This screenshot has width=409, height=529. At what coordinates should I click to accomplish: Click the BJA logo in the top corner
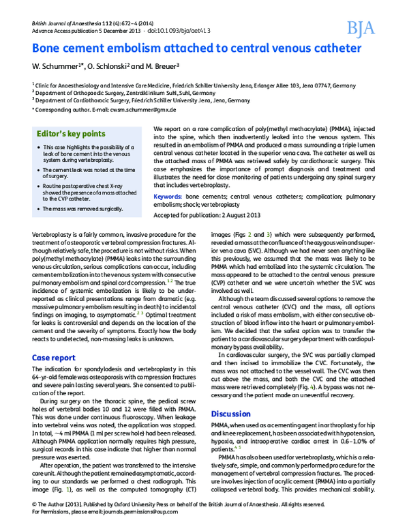point(361,27)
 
